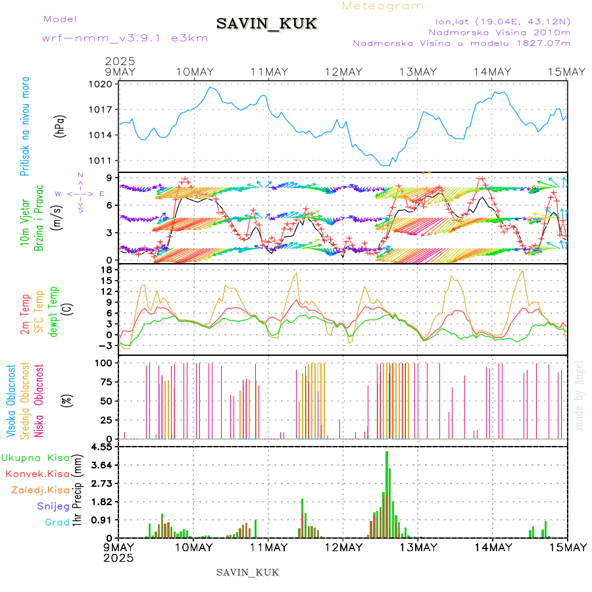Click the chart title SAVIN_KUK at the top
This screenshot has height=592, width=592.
pyautogui.click(x=267, y=24)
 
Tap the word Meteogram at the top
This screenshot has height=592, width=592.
pyautogui.click(x=383, y=6)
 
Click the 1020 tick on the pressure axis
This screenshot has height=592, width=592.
pyautogui.click(x=101, y=84)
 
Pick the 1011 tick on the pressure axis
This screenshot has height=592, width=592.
pyautogui.click(x=101, y=160)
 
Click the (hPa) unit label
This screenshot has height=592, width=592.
pyautogui.click(x=61, y=125)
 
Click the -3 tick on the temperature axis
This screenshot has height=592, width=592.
pyautogui.click(x=104, y=344)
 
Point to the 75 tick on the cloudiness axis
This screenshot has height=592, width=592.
pyautogui.click(x=105, y=382)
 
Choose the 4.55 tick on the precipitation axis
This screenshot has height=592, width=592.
pyautogui.click(x=101, y=447)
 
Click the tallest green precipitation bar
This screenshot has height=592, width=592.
pyautogui.click(x=387, y=493)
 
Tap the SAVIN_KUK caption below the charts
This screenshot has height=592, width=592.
pyautogui.click(x=248, y=572)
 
